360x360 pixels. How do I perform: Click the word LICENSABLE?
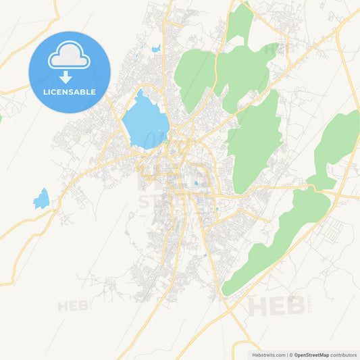[70, 92]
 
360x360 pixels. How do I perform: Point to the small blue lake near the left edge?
[42, 199]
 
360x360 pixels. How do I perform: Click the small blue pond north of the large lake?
[157, 49]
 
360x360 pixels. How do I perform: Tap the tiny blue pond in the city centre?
[196, 183]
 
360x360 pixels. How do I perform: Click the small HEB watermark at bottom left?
[73, 307]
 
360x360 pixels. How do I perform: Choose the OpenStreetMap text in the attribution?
[311, 354]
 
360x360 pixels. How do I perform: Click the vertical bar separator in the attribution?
[287, 354]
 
